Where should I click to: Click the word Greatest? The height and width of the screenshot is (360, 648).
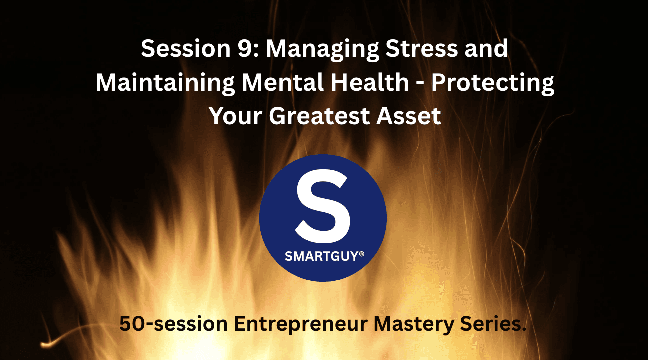(x=327, y=116)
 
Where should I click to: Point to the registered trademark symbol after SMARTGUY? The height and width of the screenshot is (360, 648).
(x=362, y=254)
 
